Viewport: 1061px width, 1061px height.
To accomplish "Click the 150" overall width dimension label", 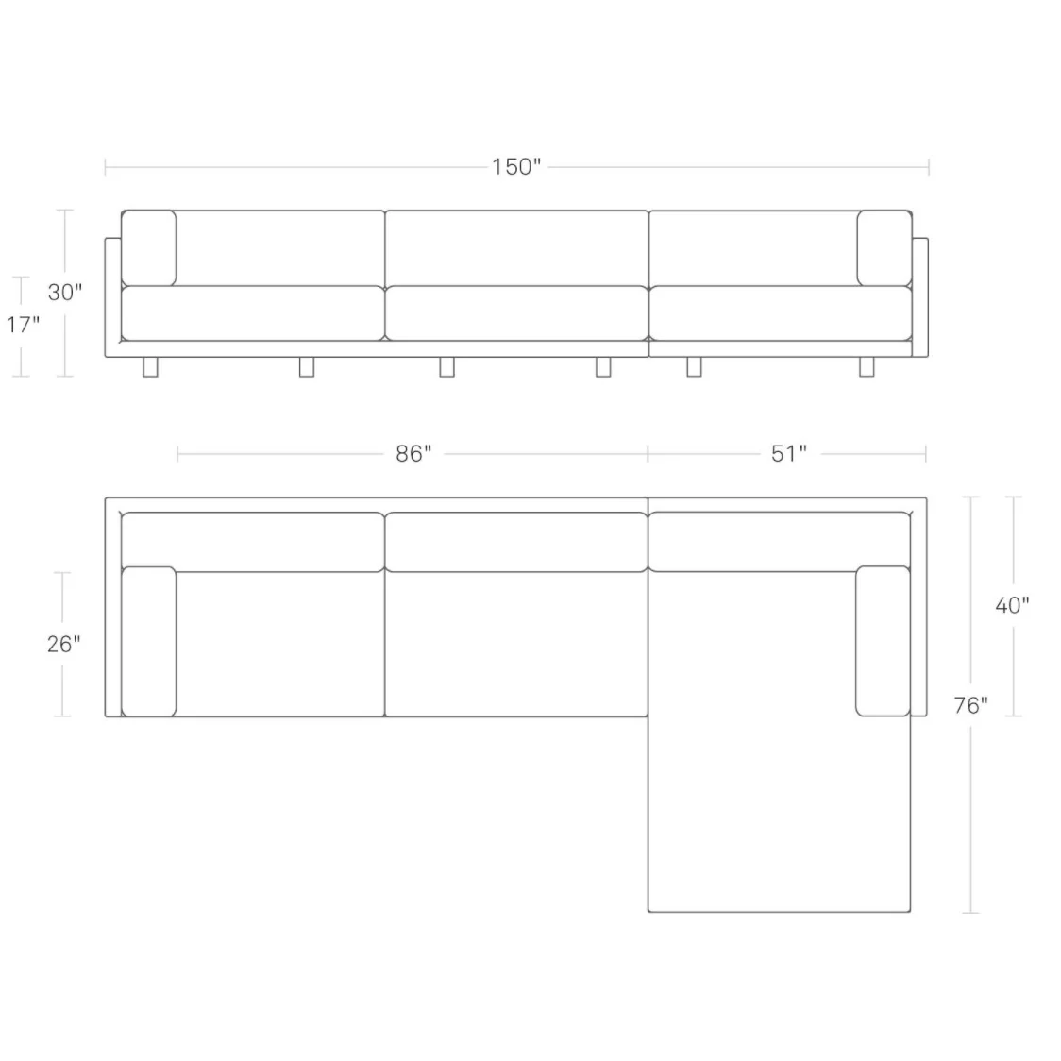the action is click(516, 166).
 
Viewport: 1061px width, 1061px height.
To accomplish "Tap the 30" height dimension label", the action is click(65, 293).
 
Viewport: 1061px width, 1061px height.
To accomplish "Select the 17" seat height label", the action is click(23, 325).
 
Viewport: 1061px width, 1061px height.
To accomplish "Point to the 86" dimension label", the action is click(413, 453).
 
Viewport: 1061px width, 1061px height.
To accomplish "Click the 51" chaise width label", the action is click(789, 453).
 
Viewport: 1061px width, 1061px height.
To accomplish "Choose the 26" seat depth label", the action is click(63, 644).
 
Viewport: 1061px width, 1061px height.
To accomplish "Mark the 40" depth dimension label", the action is click(1012, 605).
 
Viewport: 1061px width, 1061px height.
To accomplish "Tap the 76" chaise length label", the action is click(971, 706).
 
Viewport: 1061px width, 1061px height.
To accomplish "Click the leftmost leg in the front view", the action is click(150, 367).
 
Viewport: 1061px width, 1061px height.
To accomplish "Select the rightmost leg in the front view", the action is click(867, 367).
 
